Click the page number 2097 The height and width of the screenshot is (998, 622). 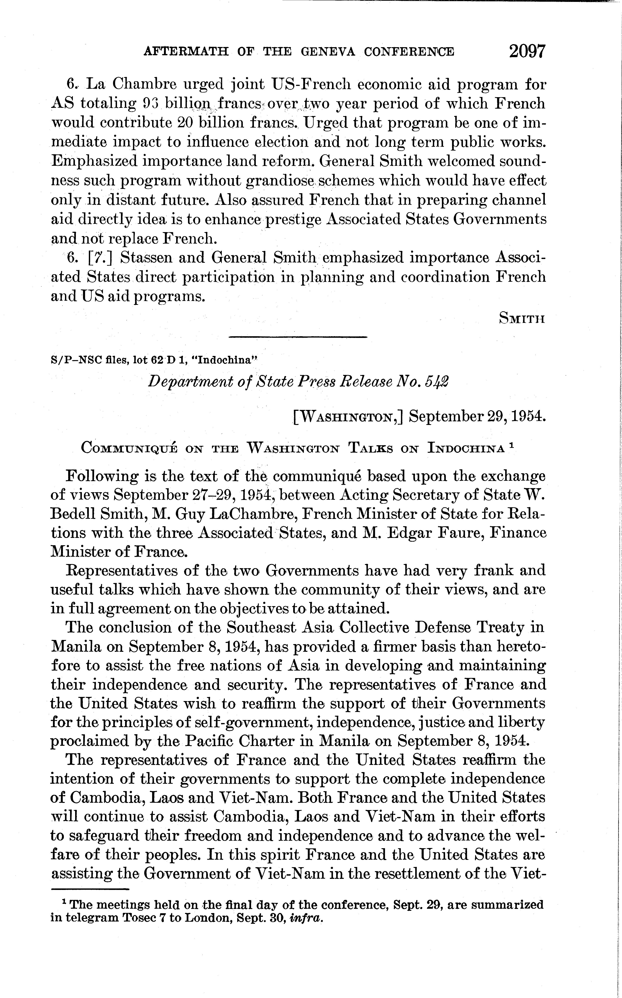(x=527, y=51)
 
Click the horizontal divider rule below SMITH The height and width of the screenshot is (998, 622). (x=297, y=337)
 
